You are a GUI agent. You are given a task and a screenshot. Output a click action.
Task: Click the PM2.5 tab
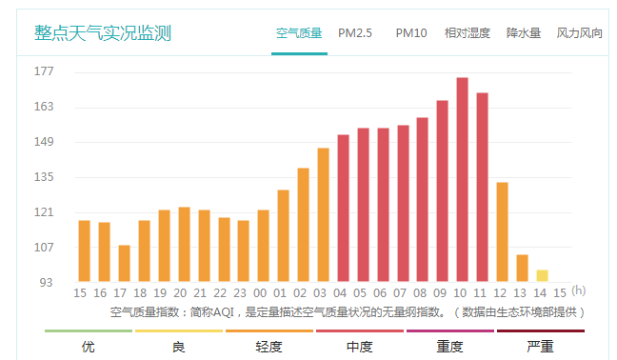tap(355, 33)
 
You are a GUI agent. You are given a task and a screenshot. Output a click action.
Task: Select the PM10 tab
tap(411, 33)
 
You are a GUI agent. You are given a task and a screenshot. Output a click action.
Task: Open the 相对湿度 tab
tap(468, 33)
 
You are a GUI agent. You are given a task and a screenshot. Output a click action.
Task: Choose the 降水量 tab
tap(524, 33)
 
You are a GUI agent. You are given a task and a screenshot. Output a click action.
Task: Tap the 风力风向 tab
tap(580, 33)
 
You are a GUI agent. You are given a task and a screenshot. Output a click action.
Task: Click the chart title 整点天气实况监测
tap(103, 33)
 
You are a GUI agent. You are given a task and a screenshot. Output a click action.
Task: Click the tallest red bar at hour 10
tap(462, 180)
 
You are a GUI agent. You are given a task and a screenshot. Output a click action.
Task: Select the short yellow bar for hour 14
tap(542, 276)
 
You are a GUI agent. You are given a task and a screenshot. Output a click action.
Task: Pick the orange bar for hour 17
tap(124, 264)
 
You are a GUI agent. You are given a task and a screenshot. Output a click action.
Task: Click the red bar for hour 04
tap(343, 209)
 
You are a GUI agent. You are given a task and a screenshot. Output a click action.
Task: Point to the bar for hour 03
tap(323, 215)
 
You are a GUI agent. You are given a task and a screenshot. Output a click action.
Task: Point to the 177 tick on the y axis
tap(45, 71)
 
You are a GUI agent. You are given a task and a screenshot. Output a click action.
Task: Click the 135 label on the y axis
tap(45, 177)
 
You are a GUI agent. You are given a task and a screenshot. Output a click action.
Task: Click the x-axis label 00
tap(263, 292)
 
